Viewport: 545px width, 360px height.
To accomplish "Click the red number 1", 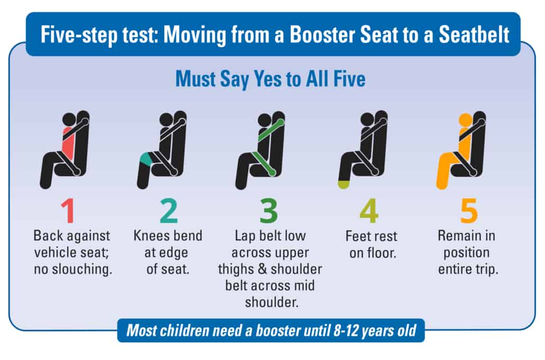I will (x=67, y=211).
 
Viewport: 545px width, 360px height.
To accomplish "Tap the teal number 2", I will (x=168, y=211).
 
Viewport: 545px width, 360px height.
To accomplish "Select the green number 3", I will (x=268, y=211).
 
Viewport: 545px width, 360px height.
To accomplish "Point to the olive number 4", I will (x=368, y=211).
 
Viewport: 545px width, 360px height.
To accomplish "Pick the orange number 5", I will (x=469, y=211).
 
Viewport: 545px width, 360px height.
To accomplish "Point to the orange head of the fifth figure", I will (x=465, y=120).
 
